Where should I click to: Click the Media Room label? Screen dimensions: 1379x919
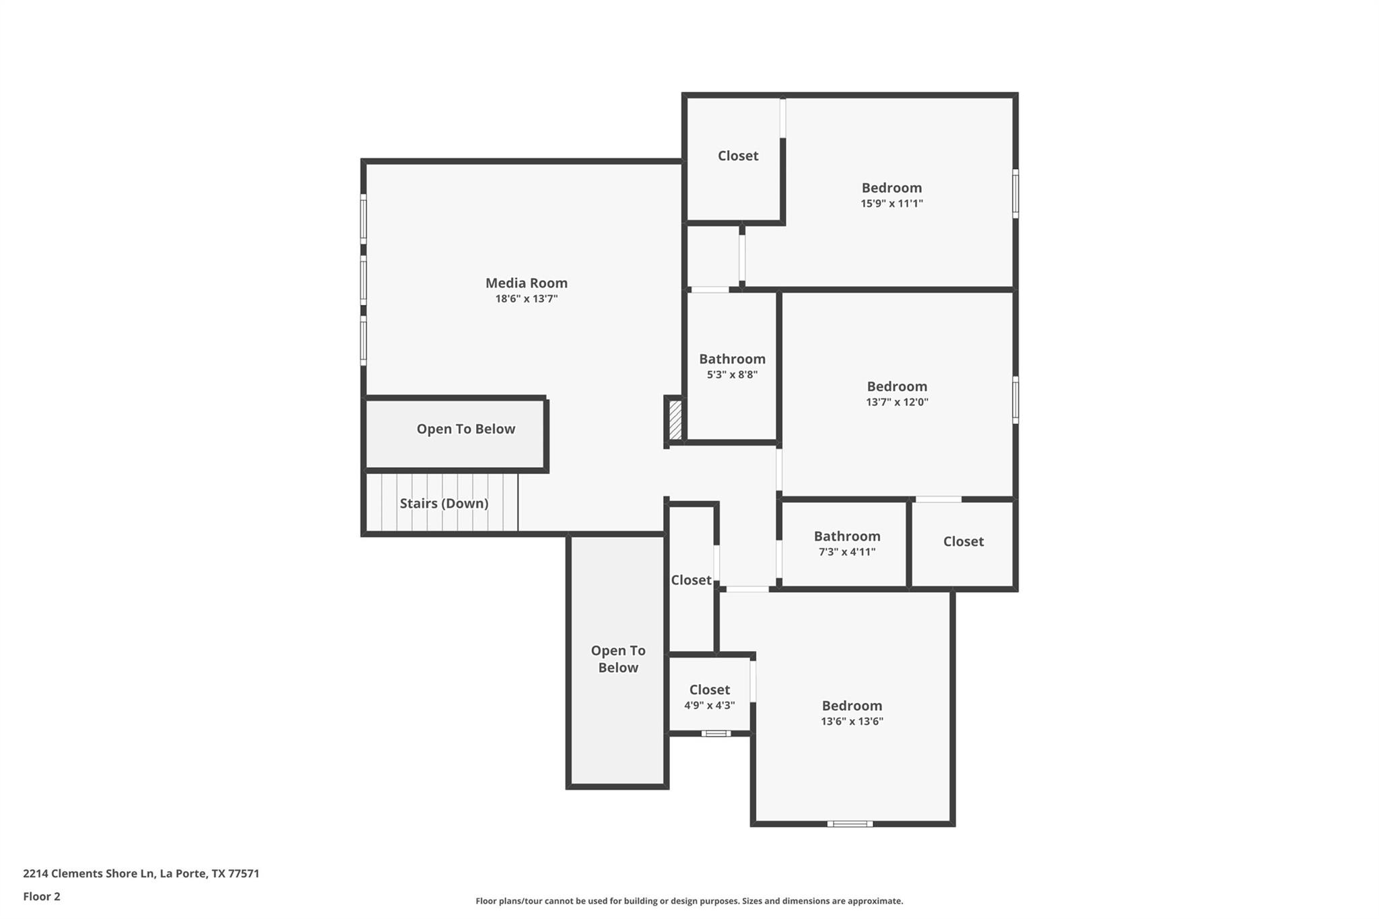(527, 283)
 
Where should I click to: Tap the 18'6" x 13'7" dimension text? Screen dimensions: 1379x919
(527, 299)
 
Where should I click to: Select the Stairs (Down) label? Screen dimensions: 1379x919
(444, 504)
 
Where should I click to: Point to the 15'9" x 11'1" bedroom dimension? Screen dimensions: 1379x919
(892, 203)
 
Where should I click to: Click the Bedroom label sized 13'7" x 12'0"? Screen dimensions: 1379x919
(897, 386)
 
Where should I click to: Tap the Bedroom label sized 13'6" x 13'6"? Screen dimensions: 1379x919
(852, 706)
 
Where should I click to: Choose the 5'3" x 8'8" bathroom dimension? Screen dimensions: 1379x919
(732, 375)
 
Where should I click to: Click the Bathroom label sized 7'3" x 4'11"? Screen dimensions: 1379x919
(847, 537)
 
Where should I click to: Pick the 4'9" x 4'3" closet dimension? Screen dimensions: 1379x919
(710, 706)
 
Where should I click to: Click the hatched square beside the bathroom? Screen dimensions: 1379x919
(675, 421)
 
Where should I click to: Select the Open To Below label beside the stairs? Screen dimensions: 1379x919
(466, 430)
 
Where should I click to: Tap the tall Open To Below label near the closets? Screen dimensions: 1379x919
(618, 659)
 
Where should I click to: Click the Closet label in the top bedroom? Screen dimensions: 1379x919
(738, 156)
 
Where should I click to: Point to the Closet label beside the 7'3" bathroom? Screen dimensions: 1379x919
(964, 542)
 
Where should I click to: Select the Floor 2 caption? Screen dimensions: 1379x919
(42, 897)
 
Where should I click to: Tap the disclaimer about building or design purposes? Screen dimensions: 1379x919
(689, 901)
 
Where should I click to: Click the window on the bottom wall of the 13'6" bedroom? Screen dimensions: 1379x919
(850, 824)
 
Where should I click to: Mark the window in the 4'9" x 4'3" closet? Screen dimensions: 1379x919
(716, 733)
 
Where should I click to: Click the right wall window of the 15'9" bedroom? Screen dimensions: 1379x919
(1015, 194)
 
